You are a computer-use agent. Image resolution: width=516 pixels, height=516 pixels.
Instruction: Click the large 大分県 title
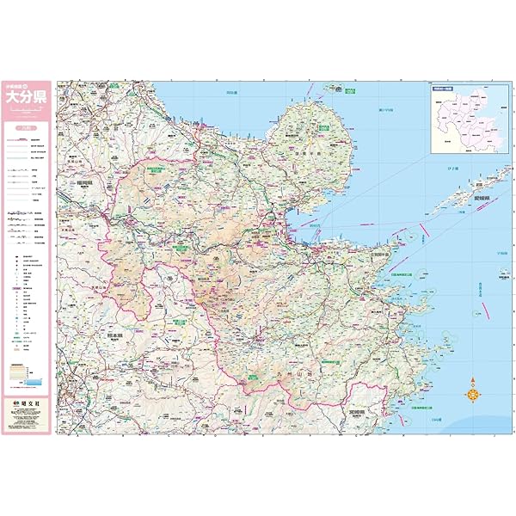[29, 97]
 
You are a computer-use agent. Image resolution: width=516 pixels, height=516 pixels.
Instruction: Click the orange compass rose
[473, 394]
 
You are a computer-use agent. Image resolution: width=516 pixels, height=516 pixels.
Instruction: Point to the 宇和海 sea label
[501, 252]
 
